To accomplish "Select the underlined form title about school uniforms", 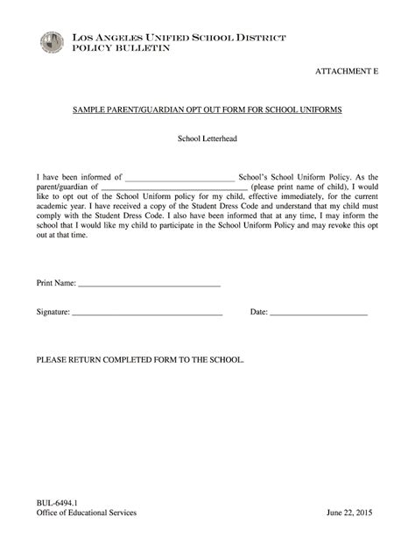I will click(207, 113).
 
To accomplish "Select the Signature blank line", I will click(147, 313).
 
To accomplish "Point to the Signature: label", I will click(53, 311).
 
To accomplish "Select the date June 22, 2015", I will click(349, 513).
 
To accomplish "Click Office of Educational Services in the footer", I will click(86, 513).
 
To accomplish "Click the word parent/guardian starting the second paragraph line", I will click(61, 187).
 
